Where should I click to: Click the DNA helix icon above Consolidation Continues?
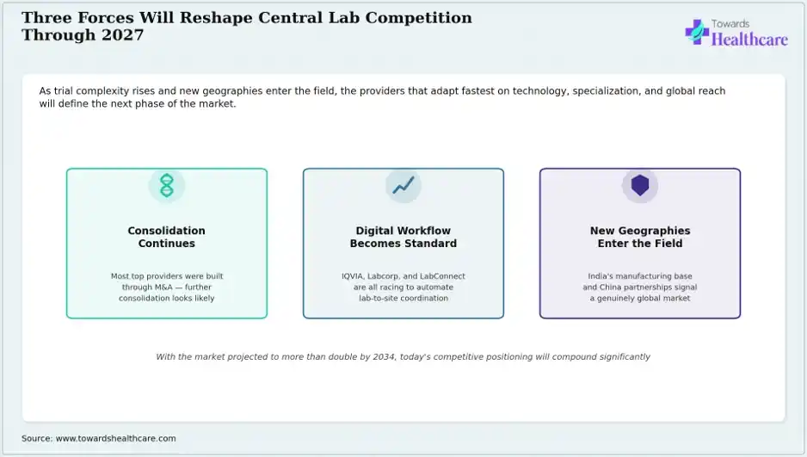pos(167,185)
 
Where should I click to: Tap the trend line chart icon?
pos(403,185)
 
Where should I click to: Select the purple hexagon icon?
pos(640,185)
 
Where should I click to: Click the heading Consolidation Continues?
pos(167,237)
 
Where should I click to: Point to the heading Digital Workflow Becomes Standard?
pos(403,237)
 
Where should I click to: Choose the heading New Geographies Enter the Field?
pos(640,237)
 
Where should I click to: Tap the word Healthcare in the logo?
pos(749,39)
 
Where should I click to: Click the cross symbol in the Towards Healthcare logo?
pos(697,32)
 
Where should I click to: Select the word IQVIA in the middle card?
pos(352,276)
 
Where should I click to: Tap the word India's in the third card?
pos(601,276)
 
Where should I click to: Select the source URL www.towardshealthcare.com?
pos(116,438)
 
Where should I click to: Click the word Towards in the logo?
pos(730,24)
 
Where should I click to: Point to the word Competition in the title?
pos(418,18)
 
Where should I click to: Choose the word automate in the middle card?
pos(434,287)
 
